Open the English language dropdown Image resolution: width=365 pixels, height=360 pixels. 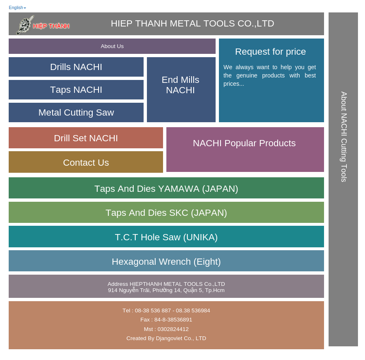coord(17,8)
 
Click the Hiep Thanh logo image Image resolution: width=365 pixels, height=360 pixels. coord(43,25)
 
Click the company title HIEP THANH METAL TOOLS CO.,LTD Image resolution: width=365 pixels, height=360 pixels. coord(192,24)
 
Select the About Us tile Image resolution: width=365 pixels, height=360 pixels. coord(112,46)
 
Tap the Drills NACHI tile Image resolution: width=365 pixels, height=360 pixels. coord(76,67)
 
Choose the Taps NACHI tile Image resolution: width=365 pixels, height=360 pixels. coord(76,90)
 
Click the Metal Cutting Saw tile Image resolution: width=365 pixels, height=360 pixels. coord(76,113)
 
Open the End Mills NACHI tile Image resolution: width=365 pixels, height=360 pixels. coord(181,85)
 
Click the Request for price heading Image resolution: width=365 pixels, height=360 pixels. coord(271,52)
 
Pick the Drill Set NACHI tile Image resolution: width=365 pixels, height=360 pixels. coord(86,138)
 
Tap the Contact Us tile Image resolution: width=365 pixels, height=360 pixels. coord(86,162)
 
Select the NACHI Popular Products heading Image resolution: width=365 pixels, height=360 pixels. coord(244,143)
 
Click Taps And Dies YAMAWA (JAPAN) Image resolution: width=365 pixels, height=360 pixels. coord(166,188)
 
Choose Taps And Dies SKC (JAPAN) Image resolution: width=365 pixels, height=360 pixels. coord(166,213)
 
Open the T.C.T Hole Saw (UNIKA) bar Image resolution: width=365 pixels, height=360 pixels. coord(166,237)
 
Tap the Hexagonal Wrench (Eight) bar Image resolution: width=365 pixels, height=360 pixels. coord(166,262)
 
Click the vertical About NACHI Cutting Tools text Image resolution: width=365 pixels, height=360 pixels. coord(343,137)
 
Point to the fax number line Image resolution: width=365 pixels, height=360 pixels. coord(166,320)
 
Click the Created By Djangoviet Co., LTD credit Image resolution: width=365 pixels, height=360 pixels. coord(166,338)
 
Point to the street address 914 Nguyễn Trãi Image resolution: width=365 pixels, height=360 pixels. coord(166,290)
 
